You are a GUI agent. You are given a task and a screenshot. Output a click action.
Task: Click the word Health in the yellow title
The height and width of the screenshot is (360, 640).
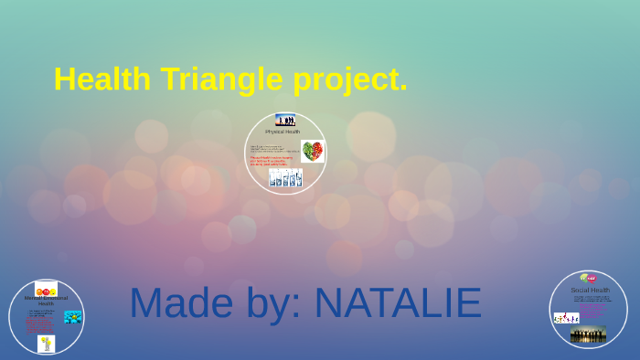point(101,79)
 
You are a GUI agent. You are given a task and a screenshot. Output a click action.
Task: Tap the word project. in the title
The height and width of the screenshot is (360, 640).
point(350,79)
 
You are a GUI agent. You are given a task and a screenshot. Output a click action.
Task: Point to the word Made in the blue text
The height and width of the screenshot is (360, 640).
point(182,303)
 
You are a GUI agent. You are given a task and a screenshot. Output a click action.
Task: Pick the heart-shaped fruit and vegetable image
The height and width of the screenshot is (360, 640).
point(313,151)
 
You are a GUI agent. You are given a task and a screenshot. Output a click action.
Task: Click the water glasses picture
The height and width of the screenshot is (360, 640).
point(285,178)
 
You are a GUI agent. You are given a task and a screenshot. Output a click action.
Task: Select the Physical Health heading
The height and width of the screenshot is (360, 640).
point(283,132)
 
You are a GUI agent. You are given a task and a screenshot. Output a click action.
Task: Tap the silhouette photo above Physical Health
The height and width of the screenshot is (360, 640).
point(285,120)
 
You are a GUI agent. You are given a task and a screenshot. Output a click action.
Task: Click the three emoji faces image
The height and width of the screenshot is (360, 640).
point(46,289)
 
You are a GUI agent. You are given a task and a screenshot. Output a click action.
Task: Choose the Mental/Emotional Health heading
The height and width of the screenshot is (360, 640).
point(46,301)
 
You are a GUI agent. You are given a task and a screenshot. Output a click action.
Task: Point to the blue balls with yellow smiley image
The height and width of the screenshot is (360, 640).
point(73,316)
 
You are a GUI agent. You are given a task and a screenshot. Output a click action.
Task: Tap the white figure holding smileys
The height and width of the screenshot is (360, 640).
point(46,344)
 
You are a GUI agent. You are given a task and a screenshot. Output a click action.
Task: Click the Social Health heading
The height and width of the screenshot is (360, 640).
point(590,290)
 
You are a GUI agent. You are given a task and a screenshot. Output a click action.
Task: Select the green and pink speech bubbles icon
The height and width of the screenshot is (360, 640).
point(588,278)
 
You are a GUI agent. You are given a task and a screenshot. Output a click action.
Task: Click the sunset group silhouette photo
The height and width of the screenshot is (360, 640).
point(588,335)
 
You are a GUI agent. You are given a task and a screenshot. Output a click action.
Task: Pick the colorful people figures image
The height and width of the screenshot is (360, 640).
point(566,317)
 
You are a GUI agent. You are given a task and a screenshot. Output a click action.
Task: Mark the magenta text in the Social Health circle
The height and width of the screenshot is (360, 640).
point(592,312)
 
